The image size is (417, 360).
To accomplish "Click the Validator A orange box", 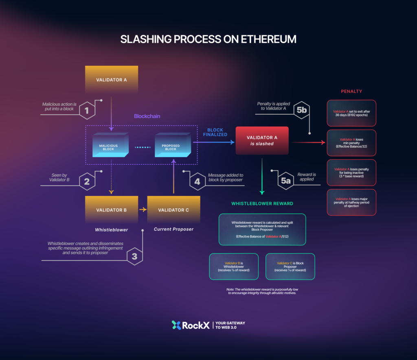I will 111,79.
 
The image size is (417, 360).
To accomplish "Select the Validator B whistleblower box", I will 111,210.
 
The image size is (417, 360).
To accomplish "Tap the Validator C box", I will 173,210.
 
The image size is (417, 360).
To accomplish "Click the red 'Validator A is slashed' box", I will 262,140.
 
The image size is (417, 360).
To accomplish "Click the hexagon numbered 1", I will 87,110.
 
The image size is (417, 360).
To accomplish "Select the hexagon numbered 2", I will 87,181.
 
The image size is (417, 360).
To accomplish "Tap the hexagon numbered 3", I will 134,256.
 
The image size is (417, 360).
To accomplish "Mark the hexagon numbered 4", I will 198,181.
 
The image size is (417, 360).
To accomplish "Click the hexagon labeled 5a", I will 286,181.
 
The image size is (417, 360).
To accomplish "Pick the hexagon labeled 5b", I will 301,110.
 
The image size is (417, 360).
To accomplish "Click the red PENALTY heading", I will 351,91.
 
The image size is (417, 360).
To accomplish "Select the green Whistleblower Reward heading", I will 262,203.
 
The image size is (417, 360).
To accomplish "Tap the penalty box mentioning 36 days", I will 351,113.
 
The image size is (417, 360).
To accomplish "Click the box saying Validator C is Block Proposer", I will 290,266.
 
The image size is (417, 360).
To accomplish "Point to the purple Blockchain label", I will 147,116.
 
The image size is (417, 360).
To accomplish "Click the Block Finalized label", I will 215,133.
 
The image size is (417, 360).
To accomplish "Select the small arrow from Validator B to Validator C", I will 143,210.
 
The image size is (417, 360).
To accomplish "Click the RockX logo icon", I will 176,325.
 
